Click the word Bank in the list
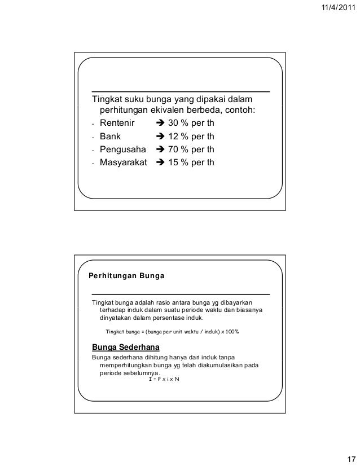click(111, 137)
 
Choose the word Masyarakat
click(123, 164)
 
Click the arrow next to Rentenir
click(160, 123)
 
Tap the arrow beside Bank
click(160, 137)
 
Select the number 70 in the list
click(174, 150)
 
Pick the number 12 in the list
click(174, 137)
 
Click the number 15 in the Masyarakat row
click(174, 164)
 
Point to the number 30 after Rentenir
click(174, 123)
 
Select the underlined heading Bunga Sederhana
click(121, 346)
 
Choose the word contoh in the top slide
click(240, 109)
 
